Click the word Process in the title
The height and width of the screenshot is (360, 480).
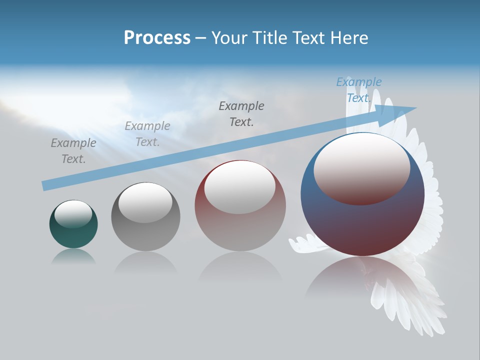(x=157, y=38)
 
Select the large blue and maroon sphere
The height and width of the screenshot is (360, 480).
(x=362, y=225)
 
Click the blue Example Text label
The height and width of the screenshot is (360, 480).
(x=358, y=90)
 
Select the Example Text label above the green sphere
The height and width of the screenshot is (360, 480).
(x=73, y=151)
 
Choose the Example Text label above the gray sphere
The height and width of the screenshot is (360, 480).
(x=147, y=134)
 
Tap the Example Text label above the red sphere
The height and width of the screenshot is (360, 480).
(x=241, y=114)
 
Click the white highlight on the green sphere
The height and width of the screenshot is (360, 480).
(x=73, y=213)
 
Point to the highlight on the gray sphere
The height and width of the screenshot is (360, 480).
(x=145, y=201)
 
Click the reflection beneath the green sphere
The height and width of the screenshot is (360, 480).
(x=73, y=257)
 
